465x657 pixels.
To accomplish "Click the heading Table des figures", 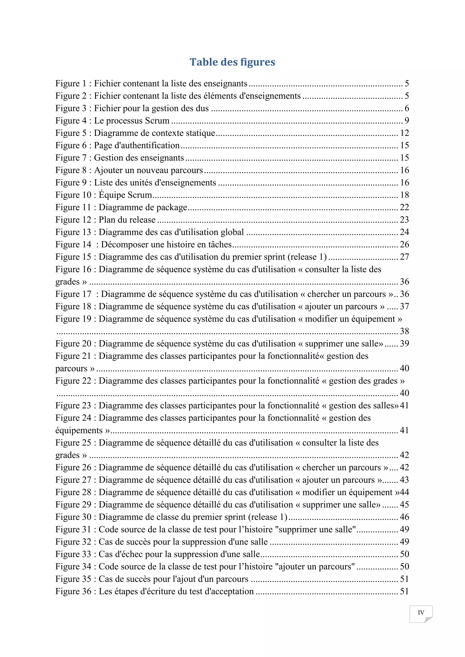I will [x=232, y=62].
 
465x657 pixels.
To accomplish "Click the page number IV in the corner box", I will [x=421, y=612].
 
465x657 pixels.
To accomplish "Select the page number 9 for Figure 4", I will [x=407, y=120].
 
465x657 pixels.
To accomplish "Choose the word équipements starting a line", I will [x=79, y=430].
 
